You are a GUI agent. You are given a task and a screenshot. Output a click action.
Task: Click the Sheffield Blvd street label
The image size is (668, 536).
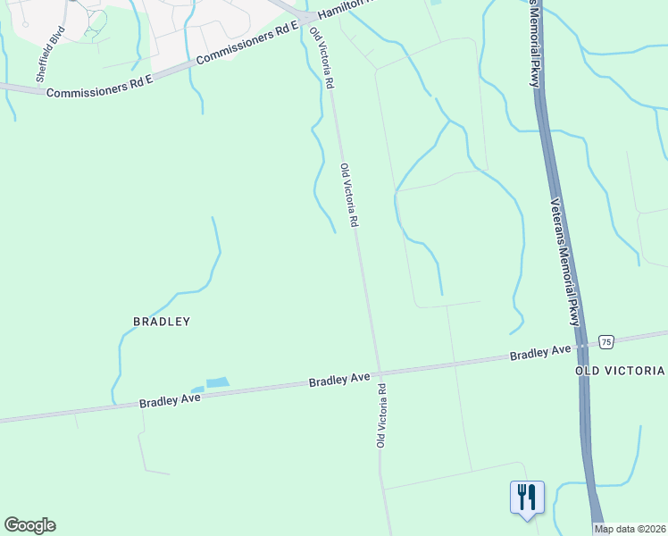click(51, 53)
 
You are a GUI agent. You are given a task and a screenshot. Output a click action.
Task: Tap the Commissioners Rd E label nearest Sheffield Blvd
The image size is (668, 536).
click(100, 87)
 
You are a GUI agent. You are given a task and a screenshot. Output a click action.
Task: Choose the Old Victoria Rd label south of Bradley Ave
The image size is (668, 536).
click(380, 415)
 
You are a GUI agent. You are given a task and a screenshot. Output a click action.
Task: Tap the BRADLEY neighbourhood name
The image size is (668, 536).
click(162, 321)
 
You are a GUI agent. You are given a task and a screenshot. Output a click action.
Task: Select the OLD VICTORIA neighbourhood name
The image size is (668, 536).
click(620, 370)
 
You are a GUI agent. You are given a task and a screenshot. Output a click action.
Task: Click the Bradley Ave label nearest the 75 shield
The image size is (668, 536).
click(540, 352)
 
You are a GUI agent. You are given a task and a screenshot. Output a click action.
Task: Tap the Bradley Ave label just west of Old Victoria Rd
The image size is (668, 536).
click(339, 380)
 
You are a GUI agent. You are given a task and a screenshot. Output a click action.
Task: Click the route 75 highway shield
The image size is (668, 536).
click(606, 341)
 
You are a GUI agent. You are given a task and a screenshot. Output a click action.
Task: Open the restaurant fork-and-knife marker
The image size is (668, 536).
click(527, 496)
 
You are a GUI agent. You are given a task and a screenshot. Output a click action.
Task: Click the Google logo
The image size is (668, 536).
click(29, 525)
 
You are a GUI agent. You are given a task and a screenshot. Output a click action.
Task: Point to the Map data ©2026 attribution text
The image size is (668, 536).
click(630, 529)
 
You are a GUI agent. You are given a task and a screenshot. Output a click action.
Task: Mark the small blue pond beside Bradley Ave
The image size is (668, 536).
click(217, 383)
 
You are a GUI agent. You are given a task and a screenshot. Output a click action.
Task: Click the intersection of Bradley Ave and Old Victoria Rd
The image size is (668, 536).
click(379, 372)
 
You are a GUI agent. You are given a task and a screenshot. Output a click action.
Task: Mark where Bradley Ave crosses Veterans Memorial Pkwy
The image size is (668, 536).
click(580, 344)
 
